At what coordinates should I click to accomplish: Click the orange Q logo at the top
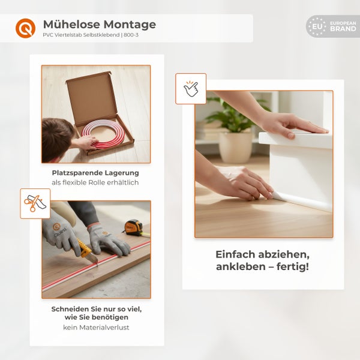tap(25, 28)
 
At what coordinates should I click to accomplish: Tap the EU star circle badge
tap(317, 26)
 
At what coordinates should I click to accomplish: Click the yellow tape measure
tap(133, 227)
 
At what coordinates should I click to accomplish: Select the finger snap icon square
tap(191, 89)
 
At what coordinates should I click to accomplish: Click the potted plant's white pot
tap(235, 146)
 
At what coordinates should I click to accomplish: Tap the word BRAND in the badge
tap(343, 29)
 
